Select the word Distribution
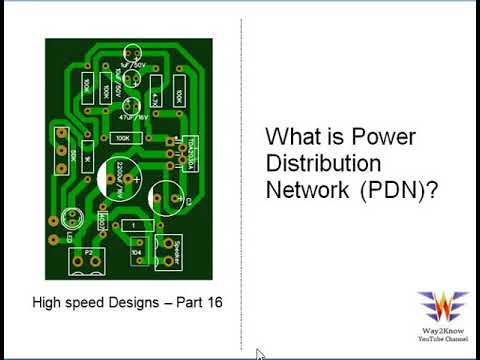[x=320, y=162]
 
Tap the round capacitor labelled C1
[x=166, y=198]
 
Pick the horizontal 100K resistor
[x=122, y=138]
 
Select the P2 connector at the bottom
[x=88, y=259]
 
